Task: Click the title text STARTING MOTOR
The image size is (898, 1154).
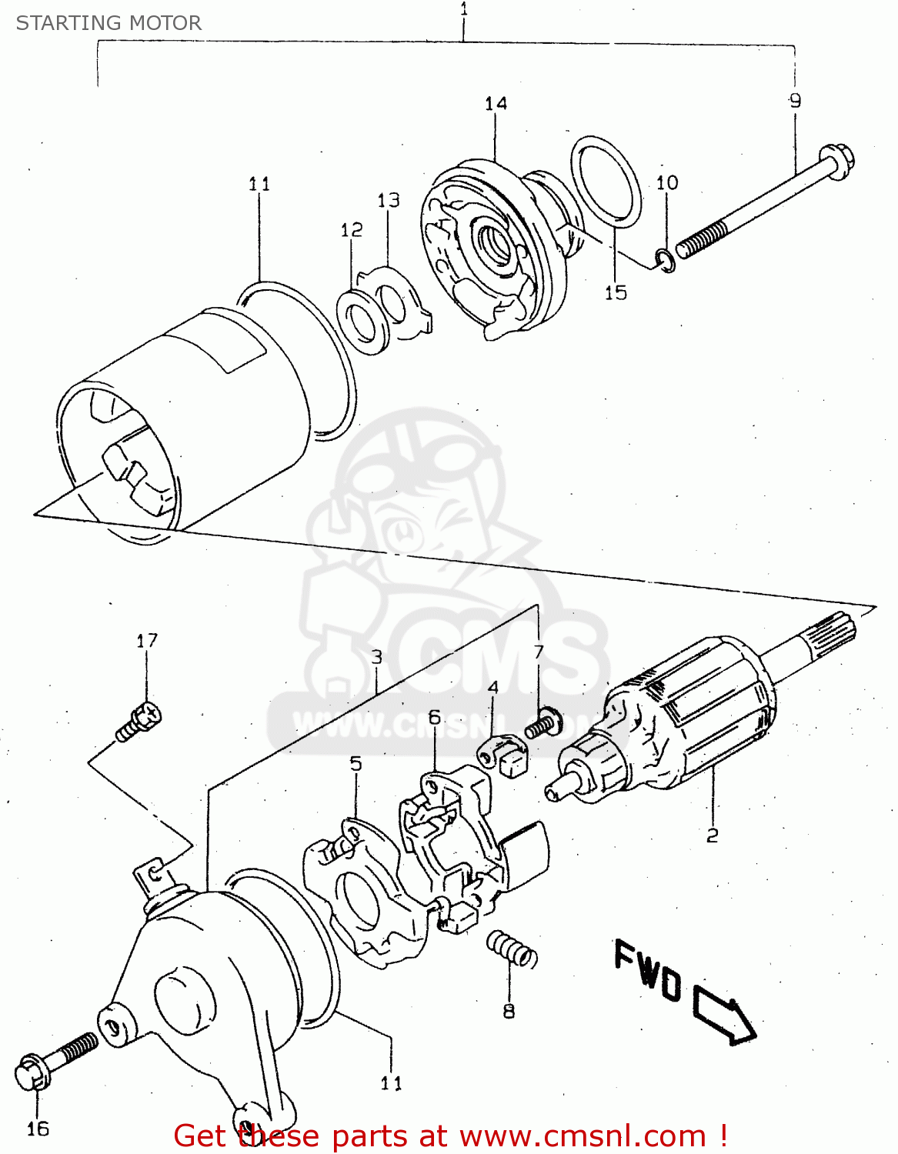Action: coord(108,23)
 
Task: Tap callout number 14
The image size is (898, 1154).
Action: coord(496,103)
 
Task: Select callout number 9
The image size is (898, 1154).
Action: coord(795,100)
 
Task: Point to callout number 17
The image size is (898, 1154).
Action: coord(147,640)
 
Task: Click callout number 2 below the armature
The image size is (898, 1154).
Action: coord(713,835)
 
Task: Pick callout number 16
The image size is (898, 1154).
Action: coord(38,1129)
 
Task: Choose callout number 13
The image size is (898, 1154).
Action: coord(389,200)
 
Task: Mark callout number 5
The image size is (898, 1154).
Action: coord(356,763)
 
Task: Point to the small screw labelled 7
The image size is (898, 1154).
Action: coord(543,723)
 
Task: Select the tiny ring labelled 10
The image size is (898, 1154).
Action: coord(666,262)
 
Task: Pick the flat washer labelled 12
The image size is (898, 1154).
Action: coord(361,319)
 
